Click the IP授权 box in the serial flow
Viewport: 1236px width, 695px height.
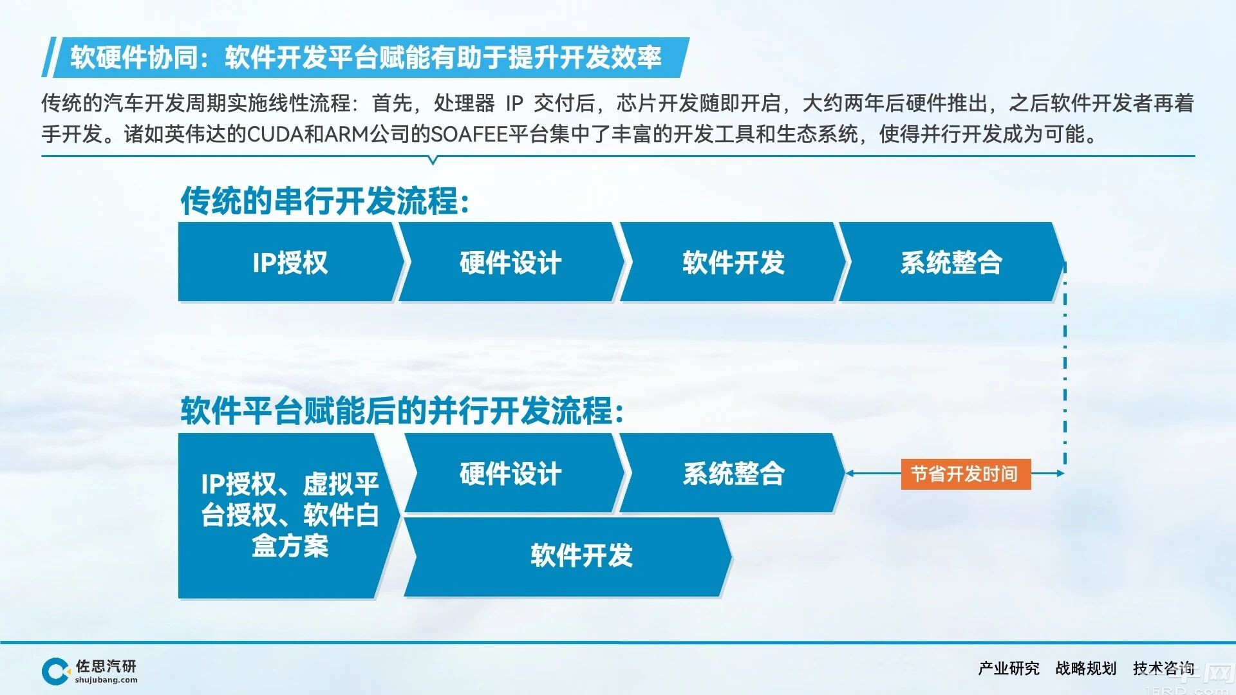[x=290, y=262]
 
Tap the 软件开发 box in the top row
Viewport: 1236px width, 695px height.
[x=733, y=262]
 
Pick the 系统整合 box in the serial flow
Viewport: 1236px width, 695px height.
[x=951, y=262]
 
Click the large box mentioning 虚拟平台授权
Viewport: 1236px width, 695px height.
[x=290, y=515]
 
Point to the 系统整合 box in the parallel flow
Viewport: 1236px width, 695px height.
[x=733, y=473]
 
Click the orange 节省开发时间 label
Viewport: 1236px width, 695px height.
[x=966, y=474]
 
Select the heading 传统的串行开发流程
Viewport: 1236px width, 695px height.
[x=325, y=201]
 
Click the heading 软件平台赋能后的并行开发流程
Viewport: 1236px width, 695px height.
[x=402, y=411]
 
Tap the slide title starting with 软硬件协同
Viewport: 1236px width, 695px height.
[x=366, y=57]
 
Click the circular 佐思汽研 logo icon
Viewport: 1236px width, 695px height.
[x=56, y=671]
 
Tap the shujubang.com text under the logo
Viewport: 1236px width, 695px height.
[x=106, y=680]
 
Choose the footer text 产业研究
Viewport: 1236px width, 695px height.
[x=1009, y=669]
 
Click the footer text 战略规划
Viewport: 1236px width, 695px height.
[x=1086, y=669]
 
